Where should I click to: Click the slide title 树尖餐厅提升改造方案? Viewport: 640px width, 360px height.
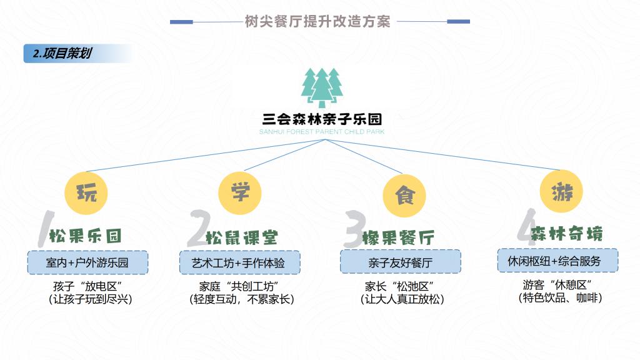pos(317,21)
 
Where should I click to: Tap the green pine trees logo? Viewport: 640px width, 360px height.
pos(322,87)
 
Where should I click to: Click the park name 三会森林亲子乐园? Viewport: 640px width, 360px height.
pos(322,119)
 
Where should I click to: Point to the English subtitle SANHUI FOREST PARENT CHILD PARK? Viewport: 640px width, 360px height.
pos(322,132)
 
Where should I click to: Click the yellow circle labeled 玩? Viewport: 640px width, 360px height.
pos(86,193)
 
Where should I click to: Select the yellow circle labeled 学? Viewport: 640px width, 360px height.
pos(240,192)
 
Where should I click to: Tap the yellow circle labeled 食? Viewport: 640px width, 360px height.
pos(404,196)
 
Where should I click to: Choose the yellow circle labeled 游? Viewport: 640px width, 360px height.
pos(562,191)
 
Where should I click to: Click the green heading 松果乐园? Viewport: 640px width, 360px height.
pos(85,236)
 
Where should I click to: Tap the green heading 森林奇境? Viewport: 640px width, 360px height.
pos(566,234)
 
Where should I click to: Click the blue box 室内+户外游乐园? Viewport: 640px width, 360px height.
pos(87,262)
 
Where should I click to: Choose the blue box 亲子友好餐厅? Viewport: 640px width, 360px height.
pos(401,262)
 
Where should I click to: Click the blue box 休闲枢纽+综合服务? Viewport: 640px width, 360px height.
pos(557,261)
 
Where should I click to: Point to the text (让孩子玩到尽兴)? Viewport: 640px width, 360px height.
pos(90,299)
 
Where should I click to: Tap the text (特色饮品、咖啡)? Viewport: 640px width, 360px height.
pos(560,298)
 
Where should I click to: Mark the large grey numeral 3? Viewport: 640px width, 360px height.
pos(354,229)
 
